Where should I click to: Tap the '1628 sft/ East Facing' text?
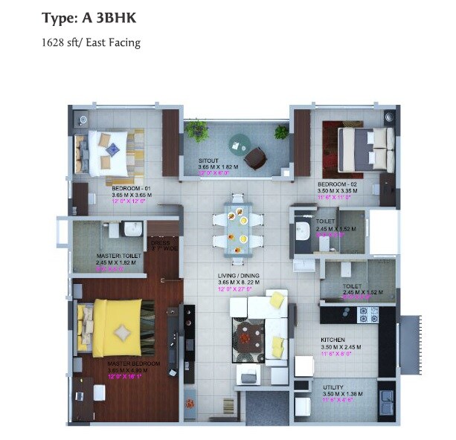click(91, 42)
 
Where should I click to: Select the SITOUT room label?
click(208, 161)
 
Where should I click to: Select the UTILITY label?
click(333, 387)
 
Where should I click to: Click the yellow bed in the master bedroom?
click(112, 327)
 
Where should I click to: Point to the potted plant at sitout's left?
click(198, 130)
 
